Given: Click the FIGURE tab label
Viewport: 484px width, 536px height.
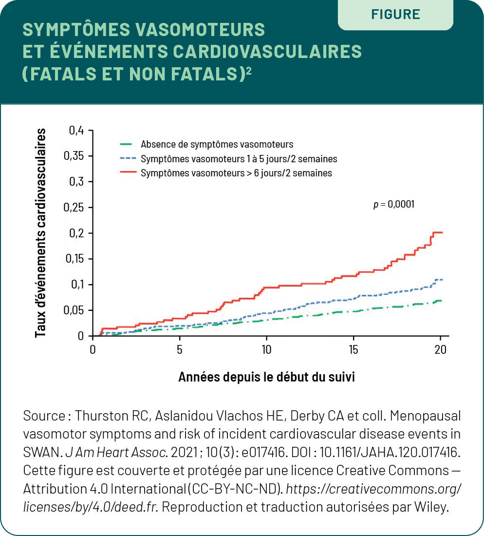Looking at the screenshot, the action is [395, 14].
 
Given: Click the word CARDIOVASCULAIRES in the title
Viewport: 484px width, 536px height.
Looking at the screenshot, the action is [267, 51].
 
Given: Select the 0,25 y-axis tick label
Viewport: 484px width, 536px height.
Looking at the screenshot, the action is [74, 208].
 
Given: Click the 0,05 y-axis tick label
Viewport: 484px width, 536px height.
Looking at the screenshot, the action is [74, 310].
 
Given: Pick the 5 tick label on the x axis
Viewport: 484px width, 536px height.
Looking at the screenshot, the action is [180, 350].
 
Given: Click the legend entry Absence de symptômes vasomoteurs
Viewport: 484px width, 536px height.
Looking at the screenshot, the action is [206, 144].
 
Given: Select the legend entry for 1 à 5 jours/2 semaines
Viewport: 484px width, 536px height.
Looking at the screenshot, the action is [228, 159].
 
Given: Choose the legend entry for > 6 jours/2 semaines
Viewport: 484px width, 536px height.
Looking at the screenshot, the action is [226, 173].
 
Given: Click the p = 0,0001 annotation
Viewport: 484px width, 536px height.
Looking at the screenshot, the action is [394, 205].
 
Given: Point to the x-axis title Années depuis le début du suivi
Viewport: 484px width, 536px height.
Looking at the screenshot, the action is [266, 377].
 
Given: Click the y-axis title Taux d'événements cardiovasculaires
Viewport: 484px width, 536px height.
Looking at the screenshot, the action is [40, 233].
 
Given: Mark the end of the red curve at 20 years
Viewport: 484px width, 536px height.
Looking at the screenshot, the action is [442, 232].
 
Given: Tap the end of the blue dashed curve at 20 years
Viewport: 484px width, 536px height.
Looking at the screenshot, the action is [442, 280].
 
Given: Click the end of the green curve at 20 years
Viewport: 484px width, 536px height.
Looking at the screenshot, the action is [442, 301].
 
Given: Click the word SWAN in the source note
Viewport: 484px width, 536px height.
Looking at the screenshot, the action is [43, 452].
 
